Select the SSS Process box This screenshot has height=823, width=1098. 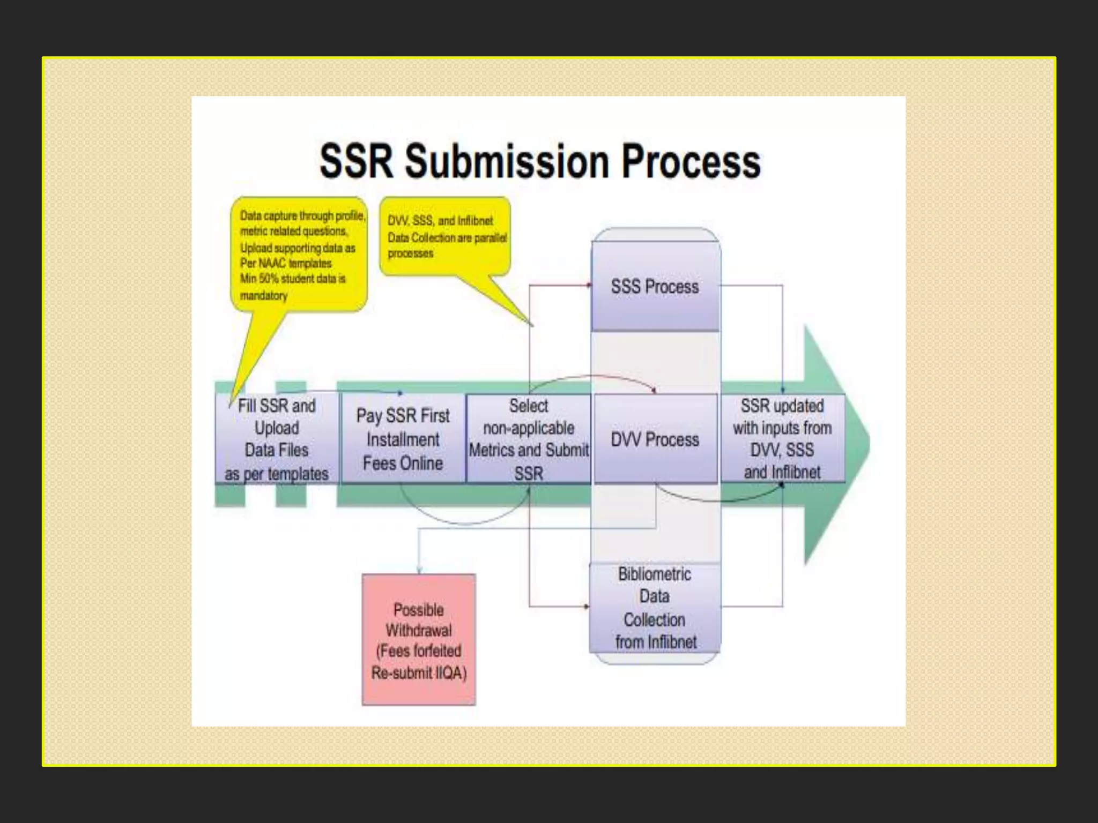click(655, 287)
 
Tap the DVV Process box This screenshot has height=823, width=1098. click(655, 439)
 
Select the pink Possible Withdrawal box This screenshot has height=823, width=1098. click(419, 640)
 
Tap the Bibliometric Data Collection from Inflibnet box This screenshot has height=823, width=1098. click(655, 608)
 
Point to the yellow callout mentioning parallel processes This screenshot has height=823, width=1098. click(445, 237)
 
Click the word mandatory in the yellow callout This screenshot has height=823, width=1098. click(264, 296)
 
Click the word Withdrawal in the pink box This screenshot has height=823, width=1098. click(419, 630)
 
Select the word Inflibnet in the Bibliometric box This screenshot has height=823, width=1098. click(672, 642)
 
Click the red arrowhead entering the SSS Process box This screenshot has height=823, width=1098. click(589, 286)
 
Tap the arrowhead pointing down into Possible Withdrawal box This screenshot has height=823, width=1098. click(419, 571)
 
